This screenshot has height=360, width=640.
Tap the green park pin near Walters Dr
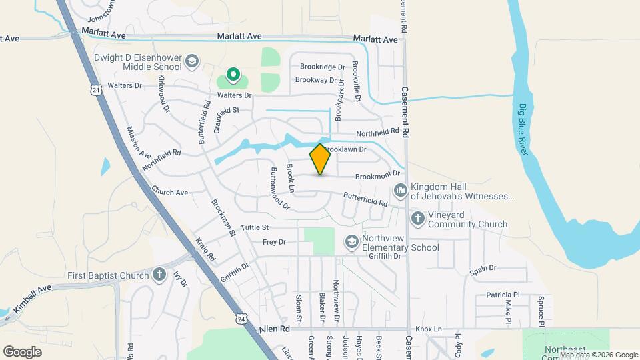(233, 75)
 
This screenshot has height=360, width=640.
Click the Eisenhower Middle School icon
(192, 61)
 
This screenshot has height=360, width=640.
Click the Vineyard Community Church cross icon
(417, 218)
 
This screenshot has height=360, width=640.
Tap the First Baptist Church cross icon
(159, 275)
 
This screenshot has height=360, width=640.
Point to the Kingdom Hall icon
(401, 191)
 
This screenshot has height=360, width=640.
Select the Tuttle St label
(255, 228)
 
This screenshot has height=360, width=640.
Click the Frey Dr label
(274, 242)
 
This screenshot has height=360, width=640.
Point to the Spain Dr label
(483, 268)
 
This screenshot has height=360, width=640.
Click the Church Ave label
(170, 192)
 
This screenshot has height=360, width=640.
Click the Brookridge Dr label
(322, 67)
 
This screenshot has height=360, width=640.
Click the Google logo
(22, 351)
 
